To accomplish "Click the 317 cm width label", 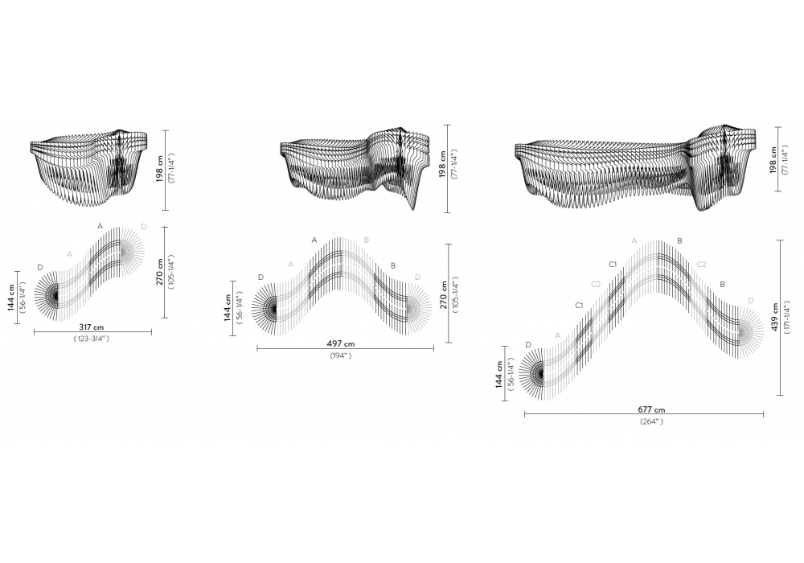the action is pos(92,327).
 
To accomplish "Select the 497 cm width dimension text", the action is pos(340,344).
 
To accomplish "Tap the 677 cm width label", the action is pos(651,409).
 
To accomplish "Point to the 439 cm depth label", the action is pos(774,317).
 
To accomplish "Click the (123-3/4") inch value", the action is pos(92,339).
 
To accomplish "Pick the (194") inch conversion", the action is pos(341,355).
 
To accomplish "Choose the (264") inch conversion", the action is pos(652,421).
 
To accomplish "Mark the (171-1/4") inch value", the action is pos(786,317).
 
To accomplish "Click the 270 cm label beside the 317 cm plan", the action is pos(159,272).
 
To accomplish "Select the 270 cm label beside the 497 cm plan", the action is pos(444,295).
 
